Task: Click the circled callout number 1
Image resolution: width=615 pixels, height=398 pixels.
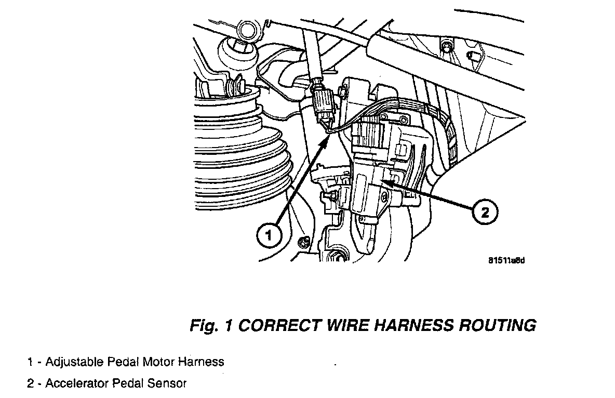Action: tap(268, 236)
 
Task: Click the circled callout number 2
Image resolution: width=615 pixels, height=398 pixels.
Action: tap(484, 211)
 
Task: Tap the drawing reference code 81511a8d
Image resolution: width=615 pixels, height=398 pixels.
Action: tap(506, 260)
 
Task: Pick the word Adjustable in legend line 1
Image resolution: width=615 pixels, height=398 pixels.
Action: tap(74, 362)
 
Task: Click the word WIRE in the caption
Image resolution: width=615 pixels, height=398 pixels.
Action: tap(344, 326)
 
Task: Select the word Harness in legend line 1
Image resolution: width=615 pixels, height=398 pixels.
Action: tap(200, 362)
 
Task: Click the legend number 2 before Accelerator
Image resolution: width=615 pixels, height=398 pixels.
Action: tap(31, 384)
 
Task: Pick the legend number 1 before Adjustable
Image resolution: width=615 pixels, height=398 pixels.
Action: tap(31, 362)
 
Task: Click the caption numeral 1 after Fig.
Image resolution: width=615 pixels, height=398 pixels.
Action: tap(229, 326)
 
